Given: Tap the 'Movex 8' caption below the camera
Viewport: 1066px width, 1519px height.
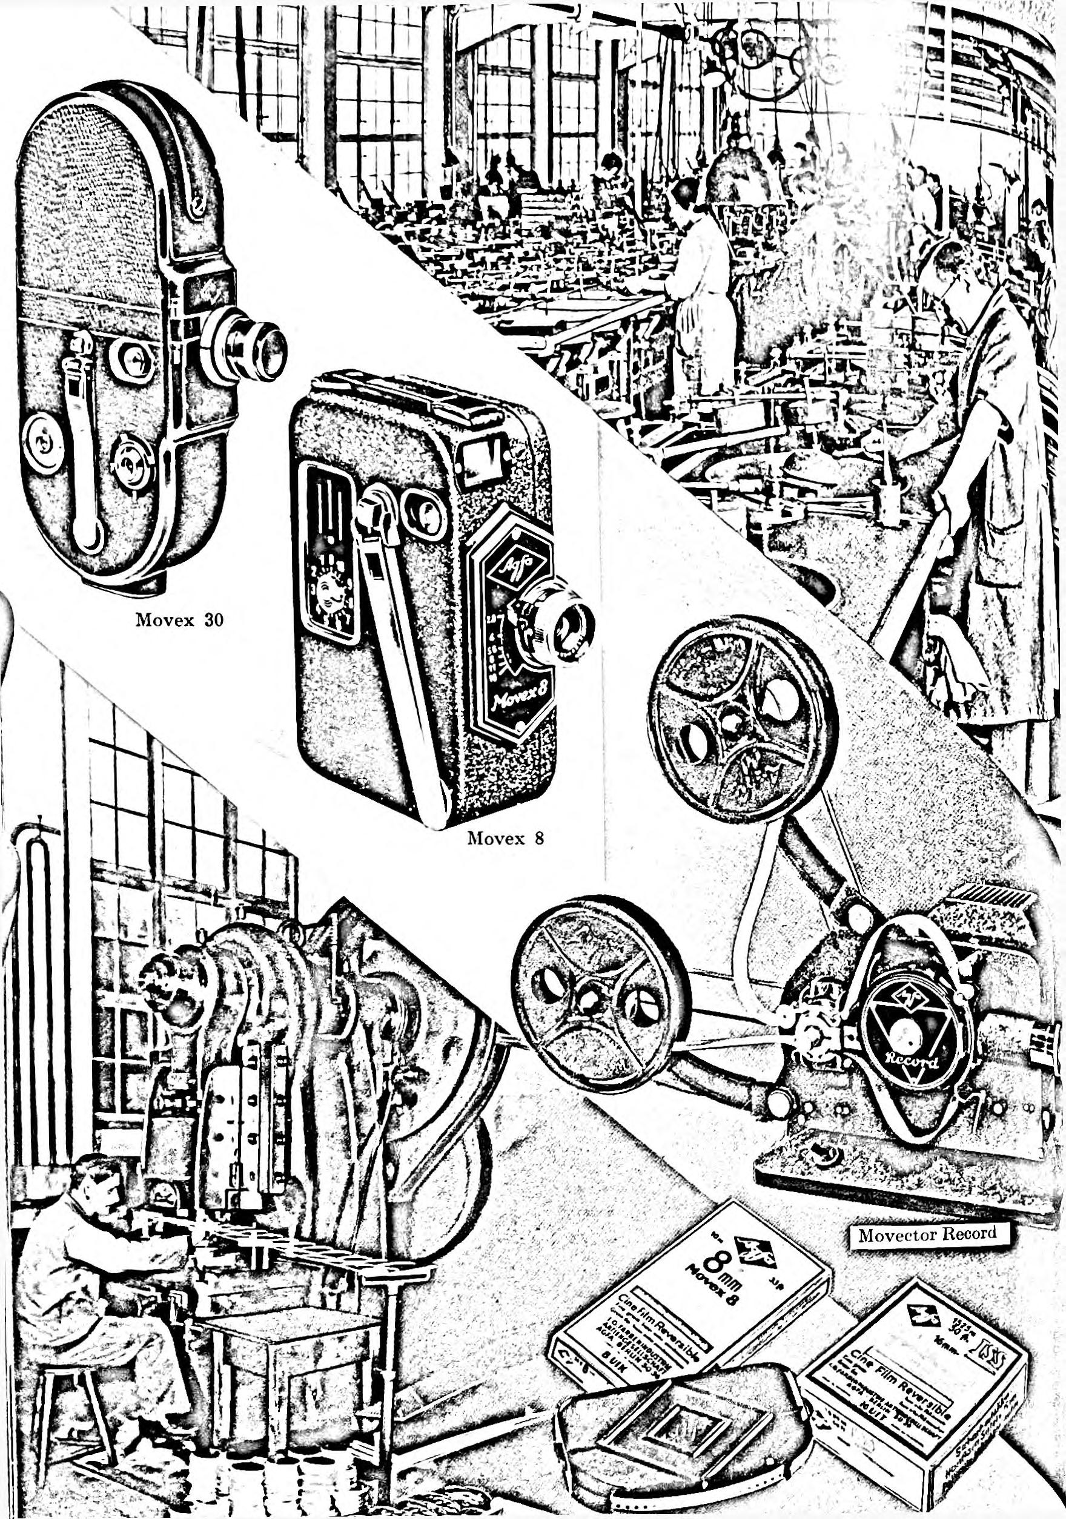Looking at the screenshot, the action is (x=506, y=839).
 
